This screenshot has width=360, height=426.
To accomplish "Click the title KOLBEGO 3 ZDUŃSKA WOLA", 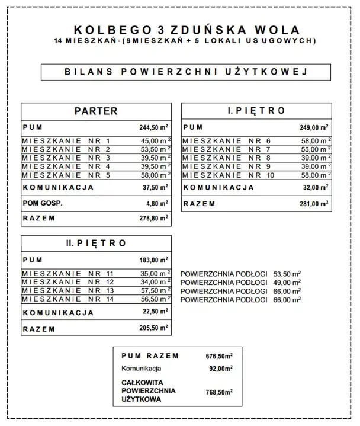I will tap(187, 30).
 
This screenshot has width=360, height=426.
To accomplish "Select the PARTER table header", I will tap(96, 111).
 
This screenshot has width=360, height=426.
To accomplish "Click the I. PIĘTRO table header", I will tap(256, 111).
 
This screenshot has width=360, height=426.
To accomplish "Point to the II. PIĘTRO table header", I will tap(96, 243).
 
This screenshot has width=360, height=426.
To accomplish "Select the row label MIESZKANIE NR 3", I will tap(66, 158).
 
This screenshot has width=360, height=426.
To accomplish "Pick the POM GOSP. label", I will tap(43, 203).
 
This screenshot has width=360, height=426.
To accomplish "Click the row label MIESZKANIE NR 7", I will tap(227, 149).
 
